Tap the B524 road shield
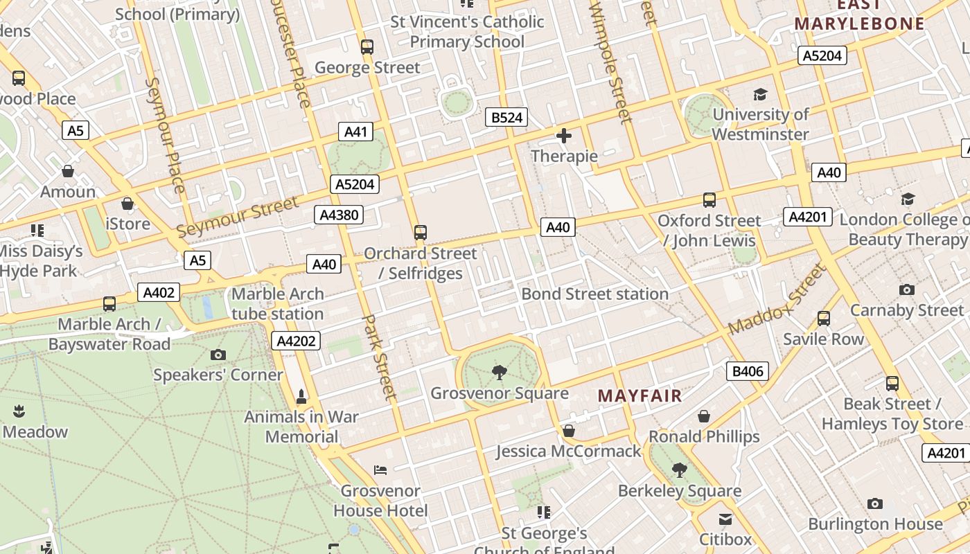click(506, 117)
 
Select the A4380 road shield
click(339, 215)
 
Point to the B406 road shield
click(748, 371)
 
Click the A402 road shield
click(159, 292)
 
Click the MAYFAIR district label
click(640, 396)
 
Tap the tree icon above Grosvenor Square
click(499, 373)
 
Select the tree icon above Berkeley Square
click(680, 470)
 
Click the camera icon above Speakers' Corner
click(218, 355)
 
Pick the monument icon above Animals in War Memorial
click(301, 397)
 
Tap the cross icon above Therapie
click(564, 136)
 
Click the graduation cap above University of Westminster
click(760, 94)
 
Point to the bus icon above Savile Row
click(823, 319)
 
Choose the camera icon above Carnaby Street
click(906, 289)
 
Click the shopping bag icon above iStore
click(127, 204)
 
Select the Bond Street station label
click(594, 294)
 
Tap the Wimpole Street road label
click(610, 62)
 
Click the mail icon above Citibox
click(725, 519)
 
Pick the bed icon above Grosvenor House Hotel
click(380, 470)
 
